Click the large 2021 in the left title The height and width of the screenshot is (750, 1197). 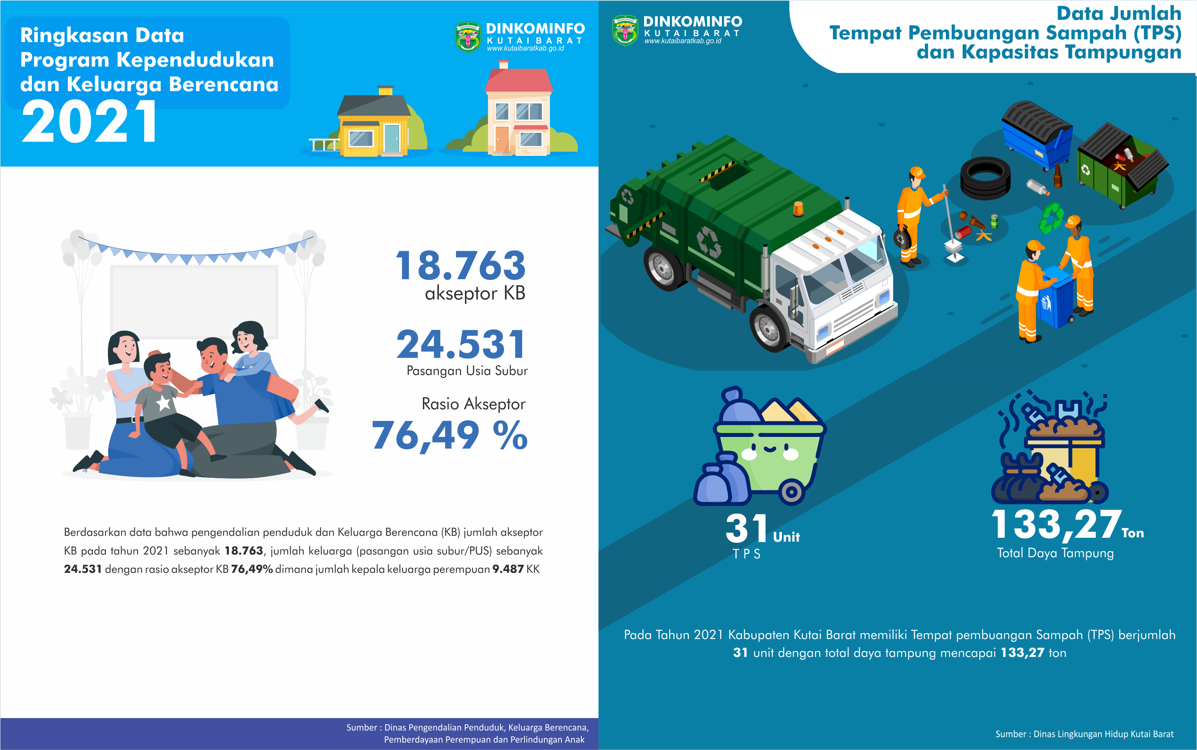point(89,121)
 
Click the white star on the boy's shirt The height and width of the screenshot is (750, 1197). point(164,402)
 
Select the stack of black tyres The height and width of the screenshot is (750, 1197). point(985,178)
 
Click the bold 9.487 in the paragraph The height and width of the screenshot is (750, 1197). point(508,569)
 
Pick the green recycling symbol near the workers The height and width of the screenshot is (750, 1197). point(1051,218)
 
